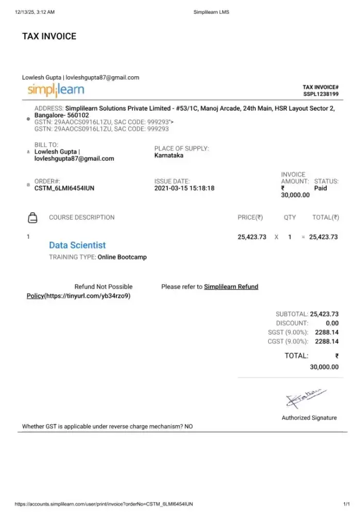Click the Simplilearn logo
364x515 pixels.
56,90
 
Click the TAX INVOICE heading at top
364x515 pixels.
49,36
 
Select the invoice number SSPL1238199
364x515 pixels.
321,94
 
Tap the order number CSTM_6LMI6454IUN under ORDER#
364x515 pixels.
64,188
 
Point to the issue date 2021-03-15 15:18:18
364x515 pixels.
184,188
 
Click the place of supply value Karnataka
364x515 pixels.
169,156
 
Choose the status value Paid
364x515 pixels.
320,188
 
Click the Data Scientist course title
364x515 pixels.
77,245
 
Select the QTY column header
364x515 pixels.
290,217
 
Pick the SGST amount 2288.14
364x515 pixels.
327,332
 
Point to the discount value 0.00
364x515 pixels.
332,323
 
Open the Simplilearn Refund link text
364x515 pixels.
231,287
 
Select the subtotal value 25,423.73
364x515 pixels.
324,314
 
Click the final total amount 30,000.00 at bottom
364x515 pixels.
324,367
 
